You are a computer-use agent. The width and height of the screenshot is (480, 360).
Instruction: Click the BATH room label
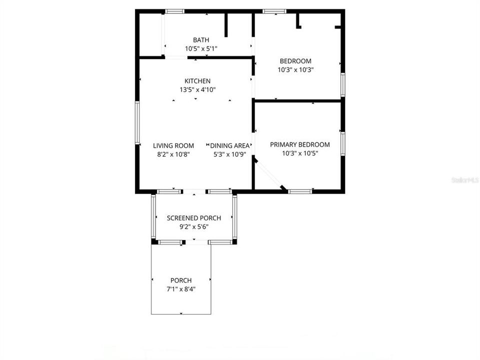coord(201,40)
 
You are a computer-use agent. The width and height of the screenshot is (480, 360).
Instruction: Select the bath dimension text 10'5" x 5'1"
coord(201,48)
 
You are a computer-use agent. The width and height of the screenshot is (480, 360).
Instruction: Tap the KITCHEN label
coord(197,81)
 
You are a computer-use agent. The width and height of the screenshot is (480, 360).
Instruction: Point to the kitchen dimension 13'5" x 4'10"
coord(197,89)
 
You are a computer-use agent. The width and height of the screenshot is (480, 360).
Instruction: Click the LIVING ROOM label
coord(173,145)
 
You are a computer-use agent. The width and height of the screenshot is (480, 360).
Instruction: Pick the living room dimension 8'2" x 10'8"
coord(173,154)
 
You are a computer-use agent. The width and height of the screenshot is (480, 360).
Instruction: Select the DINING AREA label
coord(230,145)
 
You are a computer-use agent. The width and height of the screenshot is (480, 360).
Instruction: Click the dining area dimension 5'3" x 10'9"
coord(230,154)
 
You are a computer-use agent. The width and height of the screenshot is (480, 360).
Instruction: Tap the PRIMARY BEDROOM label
coord(300,144)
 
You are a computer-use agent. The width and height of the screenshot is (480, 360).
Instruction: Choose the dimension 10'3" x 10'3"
coord(295,70)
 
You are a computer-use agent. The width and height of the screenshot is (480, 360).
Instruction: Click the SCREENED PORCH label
coord(193,218)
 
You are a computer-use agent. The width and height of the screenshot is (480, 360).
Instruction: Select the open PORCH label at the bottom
coord(180,280)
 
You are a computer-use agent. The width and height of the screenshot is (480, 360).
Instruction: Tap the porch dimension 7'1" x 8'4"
coord(180,289)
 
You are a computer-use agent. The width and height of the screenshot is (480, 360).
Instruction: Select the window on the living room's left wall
coord(136,122)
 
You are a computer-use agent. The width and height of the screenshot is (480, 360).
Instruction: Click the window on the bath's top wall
coord(174,11)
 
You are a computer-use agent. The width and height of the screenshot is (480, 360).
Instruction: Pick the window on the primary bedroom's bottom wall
coord(300,191)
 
